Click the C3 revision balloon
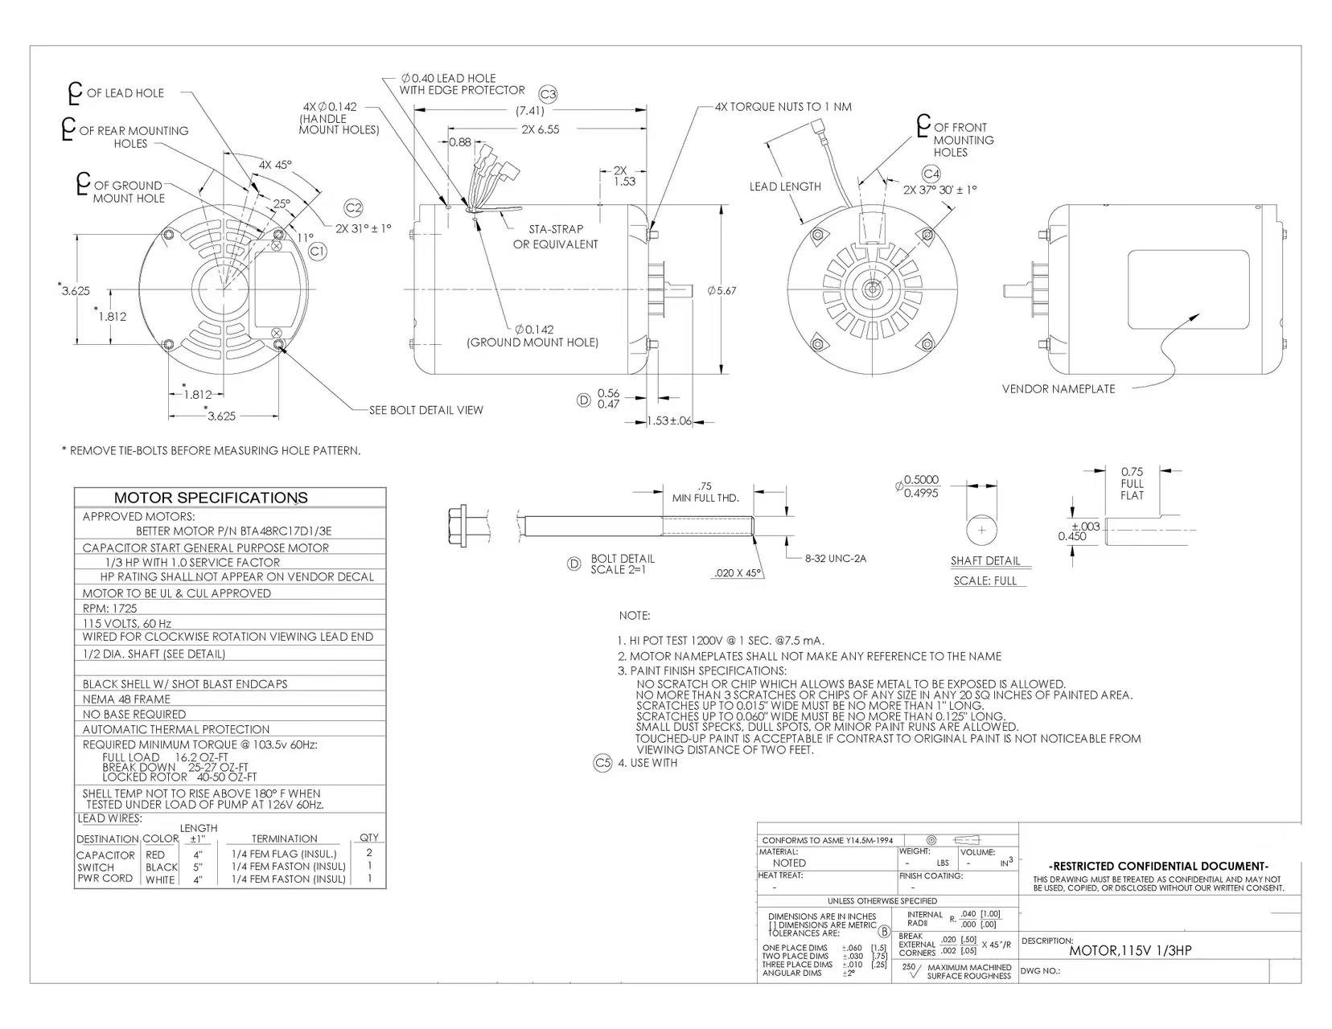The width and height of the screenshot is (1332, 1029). pos(548,94)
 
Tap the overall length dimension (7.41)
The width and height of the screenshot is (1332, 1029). pos(530,111)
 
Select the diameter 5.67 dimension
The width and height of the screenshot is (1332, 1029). pos(721,290)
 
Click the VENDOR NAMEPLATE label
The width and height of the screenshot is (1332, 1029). pos(1059,389)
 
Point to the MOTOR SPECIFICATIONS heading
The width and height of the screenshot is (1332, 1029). pos(211,498)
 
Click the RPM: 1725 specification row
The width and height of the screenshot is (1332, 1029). pos(110,609)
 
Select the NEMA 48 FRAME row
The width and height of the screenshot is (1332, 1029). pos(126,699)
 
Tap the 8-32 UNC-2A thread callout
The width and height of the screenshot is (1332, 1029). pos(835,558)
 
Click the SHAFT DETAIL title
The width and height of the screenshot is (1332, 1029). pos(985,561)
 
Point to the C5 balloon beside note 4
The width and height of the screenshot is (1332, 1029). pos(602,763)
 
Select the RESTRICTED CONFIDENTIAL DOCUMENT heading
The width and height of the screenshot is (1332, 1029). pos(1158,866)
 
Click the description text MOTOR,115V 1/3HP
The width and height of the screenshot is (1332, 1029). pos(1130,951)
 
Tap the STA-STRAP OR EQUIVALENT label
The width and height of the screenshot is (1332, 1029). pos(556,236)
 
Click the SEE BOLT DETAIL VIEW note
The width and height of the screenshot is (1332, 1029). pos(426,410)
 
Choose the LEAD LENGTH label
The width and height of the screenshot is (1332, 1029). pos(785,187)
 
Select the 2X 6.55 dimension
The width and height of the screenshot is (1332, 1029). pos(540,129)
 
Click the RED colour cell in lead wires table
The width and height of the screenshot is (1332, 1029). pos(155,855)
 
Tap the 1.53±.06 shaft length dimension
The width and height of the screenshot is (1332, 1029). pos(669,421)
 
